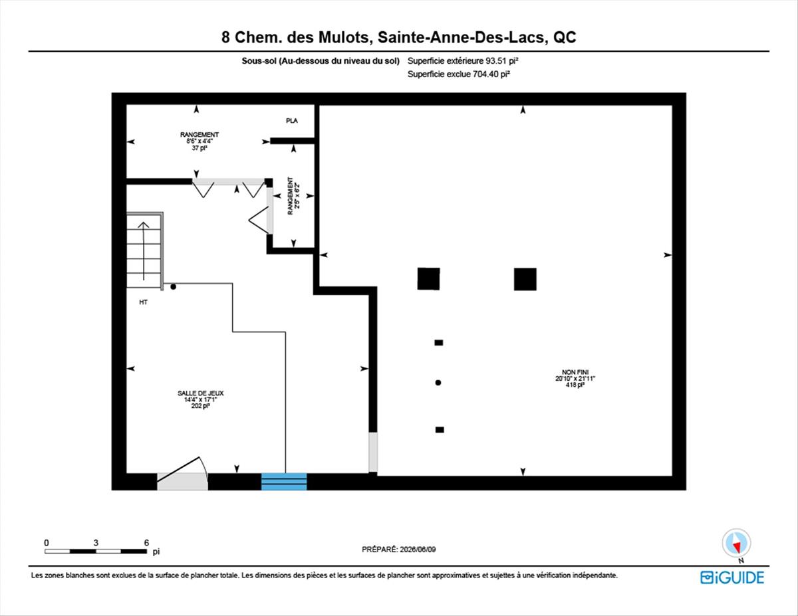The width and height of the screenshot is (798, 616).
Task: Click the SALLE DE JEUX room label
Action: pyautogui.click(x=201, y=393)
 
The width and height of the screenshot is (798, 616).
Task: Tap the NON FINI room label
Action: pyautogui.click(x=575, y=372)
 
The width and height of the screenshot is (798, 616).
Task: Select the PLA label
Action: pyautogui.click(x=292, y=121)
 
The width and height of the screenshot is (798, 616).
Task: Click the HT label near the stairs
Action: pyautogui.click(x=143, y=302)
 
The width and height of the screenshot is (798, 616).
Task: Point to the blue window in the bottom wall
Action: pyautogui.click(x=284, y=481)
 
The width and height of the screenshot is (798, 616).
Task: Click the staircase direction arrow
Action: pyautogui.click(x=144, y=251)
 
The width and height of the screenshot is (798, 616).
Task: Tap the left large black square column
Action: pyautogui.click(x=428, y=279)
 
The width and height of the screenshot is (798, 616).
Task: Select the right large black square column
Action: pyautogui.click(x=525, y=279)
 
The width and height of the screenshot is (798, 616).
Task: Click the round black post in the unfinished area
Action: pyautogui.click(x=438, y=383)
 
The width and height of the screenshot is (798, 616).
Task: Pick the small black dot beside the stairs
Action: pyautogui.click(x=174, y=286)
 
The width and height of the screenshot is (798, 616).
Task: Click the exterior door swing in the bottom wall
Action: pyautogui.click(x=182, y=473)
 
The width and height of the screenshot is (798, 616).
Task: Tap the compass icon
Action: pyautogui.click(x=736, y=544)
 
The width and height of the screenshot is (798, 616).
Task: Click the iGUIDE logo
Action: pyautogui.click(x=732, y=577)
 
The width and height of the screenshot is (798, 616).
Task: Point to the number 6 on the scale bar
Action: pyautogui.click(x=146, y=543)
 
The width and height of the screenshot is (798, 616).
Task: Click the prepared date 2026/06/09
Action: pyautogui.click(x=418, y=550)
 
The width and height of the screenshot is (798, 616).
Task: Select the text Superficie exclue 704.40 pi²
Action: pyautogui.click(x=459, y=74)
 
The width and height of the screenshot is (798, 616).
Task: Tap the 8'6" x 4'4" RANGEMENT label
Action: pyautogui.click(x=199, y=141)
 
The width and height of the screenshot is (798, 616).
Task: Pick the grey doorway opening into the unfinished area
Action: pyautogui.click(x=373, y=452)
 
